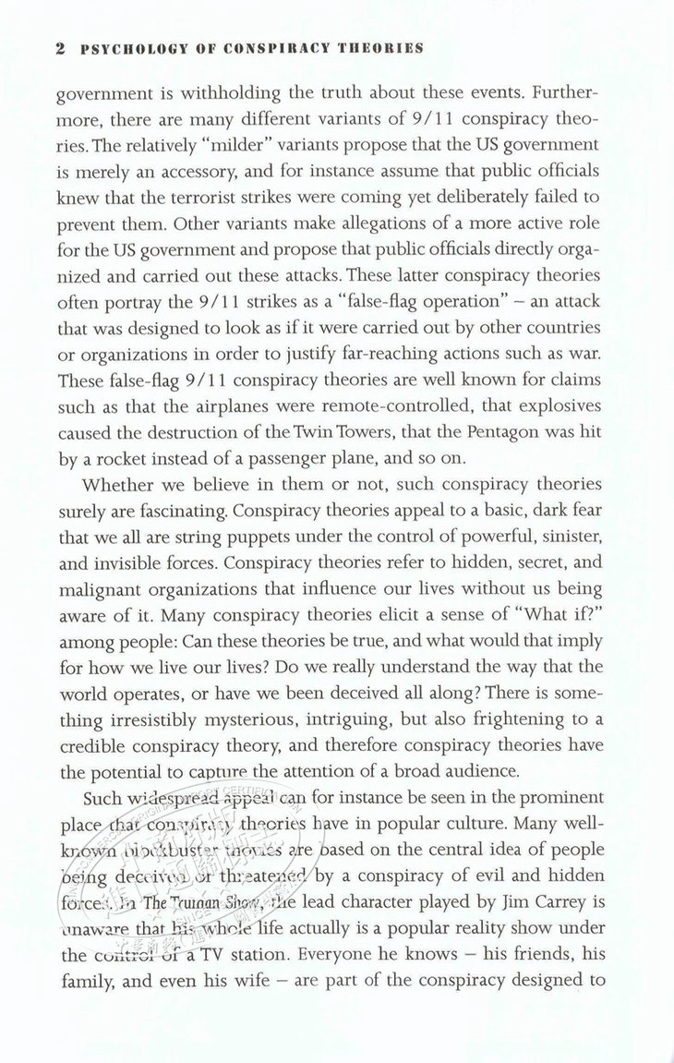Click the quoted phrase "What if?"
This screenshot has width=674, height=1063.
(x=563, y=615)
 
